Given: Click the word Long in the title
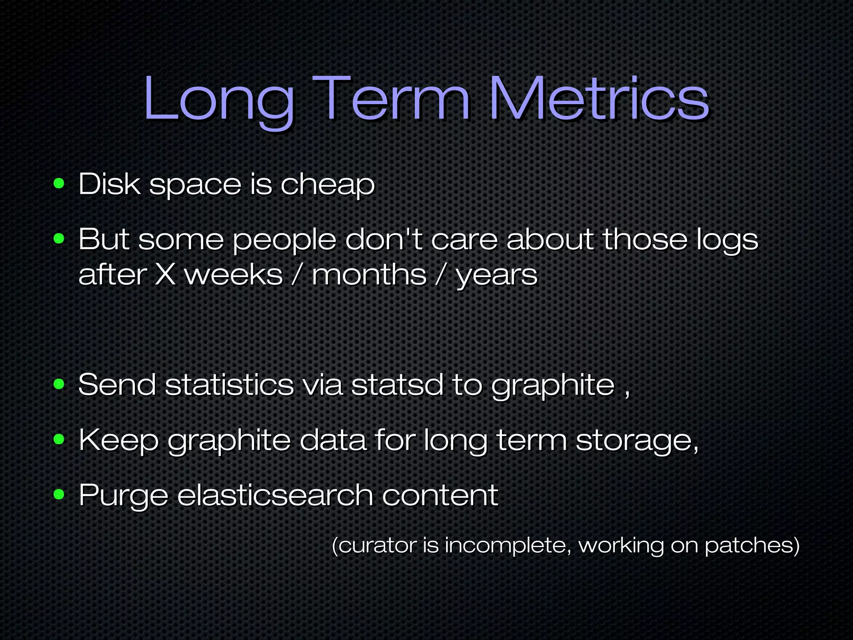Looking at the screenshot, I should pos(218,100).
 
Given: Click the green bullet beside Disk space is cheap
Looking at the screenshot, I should pos(59,183).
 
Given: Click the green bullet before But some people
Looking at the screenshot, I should pos(59,239).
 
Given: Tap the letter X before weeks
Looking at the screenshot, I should pos(165,275).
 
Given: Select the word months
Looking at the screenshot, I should pos(369,275).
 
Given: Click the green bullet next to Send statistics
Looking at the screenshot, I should pos(59,384).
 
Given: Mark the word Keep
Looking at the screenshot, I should pos(119,441).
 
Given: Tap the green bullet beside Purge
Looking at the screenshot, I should pos(59,495).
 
